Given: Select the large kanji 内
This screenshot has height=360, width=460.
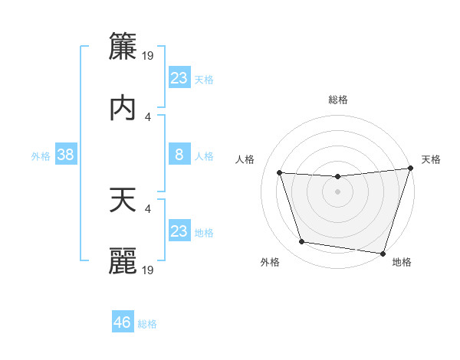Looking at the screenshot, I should [x=123, y=108].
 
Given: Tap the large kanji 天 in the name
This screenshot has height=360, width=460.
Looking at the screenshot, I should [x=123, y=200].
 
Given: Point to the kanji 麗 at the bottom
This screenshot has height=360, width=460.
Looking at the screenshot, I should [x=123, y=260].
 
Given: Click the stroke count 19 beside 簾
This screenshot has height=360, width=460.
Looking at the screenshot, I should [x=149, y=55].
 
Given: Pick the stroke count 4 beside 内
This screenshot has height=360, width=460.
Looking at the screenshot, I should [x=148, y=116].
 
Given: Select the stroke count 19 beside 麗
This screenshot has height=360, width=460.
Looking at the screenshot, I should [x=149, y=270].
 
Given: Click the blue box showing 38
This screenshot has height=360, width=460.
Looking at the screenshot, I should [x=65, y=155].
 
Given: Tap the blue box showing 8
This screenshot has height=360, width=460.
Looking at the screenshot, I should [x=179, y=155].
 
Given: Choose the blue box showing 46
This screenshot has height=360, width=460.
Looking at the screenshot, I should [x=123, y=322].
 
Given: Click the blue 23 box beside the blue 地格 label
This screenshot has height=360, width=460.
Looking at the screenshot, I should [x=179, y=231].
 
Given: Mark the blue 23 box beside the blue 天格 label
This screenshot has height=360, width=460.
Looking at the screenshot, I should [x=179, y=77].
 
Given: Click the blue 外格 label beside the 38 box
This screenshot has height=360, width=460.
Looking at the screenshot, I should [x=41, y=155].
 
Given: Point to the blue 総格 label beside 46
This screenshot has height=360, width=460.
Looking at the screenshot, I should [x=147, y=324].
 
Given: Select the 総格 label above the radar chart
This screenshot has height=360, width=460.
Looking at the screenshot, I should [x=338, y=100].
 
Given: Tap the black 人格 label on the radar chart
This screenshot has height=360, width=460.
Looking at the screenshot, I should [x=245, y=159].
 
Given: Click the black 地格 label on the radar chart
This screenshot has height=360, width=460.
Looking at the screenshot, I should [x=402, y=262].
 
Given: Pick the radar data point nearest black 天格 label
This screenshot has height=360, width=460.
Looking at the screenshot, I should [x=410, y=169].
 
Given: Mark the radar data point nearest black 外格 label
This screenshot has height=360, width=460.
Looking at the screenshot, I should [x=301, y=242].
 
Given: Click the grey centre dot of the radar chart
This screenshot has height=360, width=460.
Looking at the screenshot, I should [x=338, y=191].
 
